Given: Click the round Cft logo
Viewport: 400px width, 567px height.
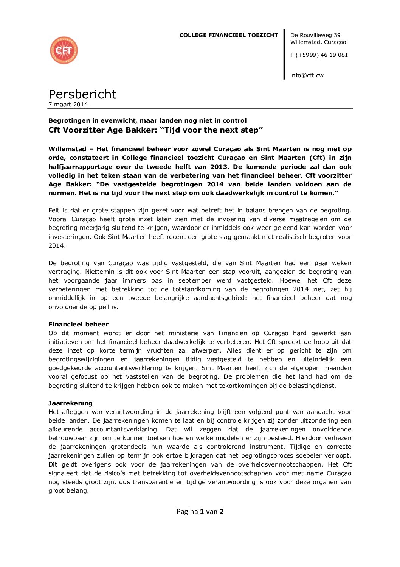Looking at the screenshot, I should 64,50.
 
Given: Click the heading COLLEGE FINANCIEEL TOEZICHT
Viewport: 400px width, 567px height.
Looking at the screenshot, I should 229,35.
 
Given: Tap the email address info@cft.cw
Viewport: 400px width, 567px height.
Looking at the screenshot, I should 307,75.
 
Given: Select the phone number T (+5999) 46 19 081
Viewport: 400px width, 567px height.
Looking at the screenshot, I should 319,55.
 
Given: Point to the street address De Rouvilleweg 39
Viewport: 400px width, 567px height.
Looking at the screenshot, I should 315,35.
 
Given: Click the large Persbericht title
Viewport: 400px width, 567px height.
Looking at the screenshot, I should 82,94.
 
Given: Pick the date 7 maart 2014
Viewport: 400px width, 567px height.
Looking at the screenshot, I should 68,105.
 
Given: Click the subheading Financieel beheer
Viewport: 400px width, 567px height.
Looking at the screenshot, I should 78,324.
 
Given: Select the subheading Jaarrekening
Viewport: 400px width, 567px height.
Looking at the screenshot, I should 70,403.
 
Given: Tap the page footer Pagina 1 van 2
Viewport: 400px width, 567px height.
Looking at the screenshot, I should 200,512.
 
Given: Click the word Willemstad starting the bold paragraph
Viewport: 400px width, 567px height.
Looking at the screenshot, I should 67,149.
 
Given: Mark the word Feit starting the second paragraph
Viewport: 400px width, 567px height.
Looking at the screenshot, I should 54,210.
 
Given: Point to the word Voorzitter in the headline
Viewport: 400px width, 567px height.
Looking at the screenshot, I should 83,130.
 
